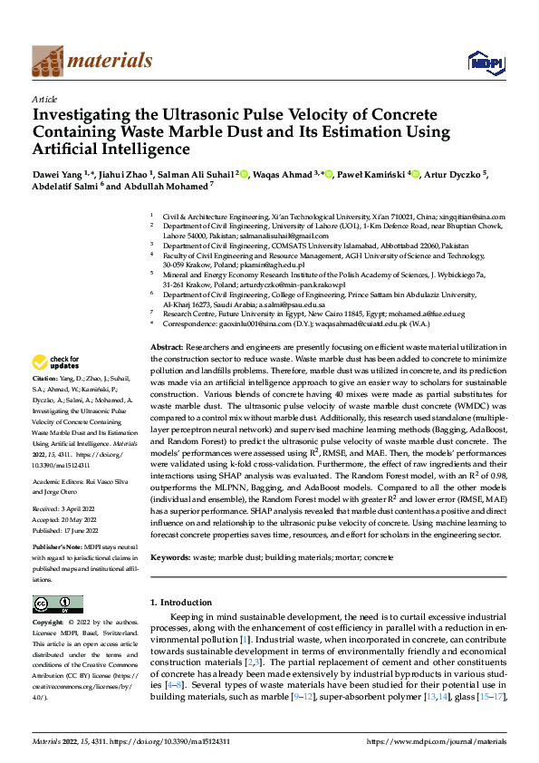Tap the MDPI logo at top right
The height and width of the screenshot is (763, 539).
tap(484, 61)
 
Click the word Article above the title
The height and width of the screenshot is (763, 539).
tap(44, 98)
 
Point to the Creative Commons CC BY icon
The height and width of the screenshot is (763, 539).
tap(57, 604)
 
